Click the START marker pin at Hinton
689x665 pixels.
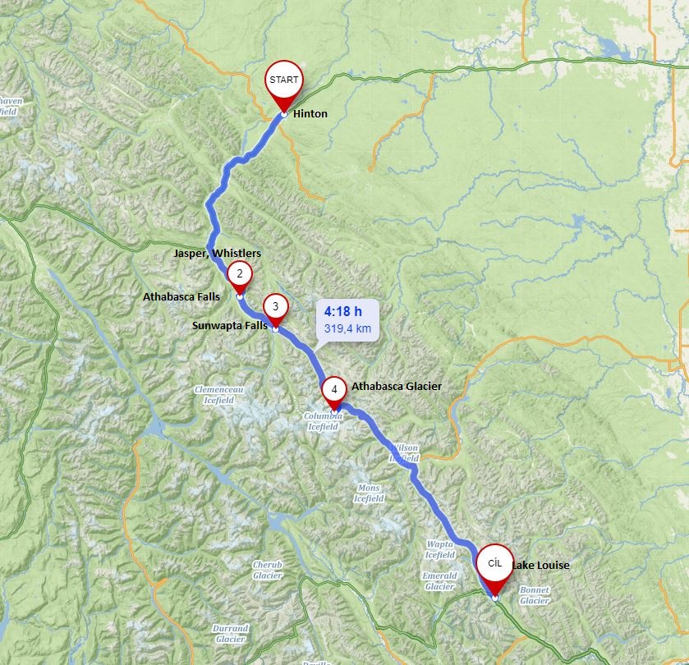pyautogui.click(x=283, y=82)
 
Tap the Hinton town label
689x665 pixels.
pyautogui.click(x=310, y=113)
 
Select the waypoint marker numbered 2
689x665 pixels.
pyautogui.click(x=239, y=274)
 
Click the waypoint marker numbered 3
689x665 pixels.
pyautogui.click(x=275, y=307)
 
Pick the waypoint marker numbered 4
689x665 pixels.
pyautogui.click(x=334, y=389)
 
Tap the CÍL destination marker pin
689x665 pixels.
pyautogui.click(x=494, y=564)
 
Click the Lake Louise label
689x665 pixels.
pyautogui.click(x=540, y=565)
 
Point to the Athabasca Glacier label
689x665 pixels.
pyautogui.click(x=397, y=386)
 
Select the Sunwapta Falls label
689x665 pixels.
pyautogui.click(x=230, y=326)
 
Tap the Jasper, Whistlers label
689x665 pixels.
pyautogui.click(x=218, y=254)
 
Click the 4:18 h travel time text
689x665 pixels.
pyautogui.click(x=343, y=311)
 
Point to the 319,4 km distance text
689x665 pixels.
pyautogui.click(x=347, y=329)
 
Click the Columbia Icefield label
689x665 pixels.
pyautogui.click(x=322, y=422)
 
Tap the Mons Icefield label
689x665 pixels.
pyautogui.click(x=368, y=493)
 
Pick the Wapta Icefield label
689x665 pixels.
pyautogui.click(x=440, y=549)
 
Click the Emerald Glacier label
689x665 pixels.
pyautogui.click(x=439, y=581)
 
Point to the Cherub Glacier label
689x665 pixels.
pyautogui.click(x=267, y=571)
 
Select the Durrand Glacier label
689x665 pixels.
pyautogui.click(x=229, y=634)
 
